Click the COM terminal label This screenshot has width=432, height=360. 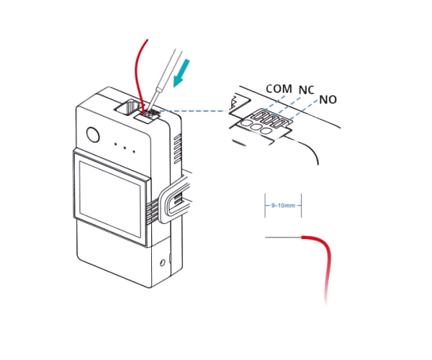[279, 89]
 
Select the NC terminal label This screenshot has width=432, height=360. [307, 90]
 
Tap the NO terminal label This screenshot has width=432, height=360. [328, 99]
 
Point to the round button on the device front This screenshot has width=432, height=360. [93, 135]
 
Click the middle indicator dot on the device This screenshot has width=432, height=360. [125, 148]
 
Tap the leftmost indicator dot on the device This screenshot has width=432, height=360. [115, 144]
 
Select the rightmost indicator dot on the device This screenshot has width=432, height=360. [134, 151]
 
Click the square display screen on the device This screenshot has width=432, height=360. [110, 199]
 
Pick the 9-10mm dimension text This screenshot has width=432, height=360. [283, 205]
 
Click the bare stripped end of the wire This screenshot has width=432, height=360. [283, 237]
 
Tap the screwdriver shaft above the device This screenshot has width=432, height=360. [165, 80]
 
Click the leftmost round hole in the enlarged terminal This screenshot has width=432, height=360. [246, 123]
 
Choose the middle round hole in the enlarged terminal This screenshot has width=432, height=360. [256, 127]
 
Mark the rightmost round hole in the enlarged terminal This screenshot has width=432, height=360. [266, 131]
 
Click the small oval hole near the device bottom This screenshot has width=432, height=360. [163, 263]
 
